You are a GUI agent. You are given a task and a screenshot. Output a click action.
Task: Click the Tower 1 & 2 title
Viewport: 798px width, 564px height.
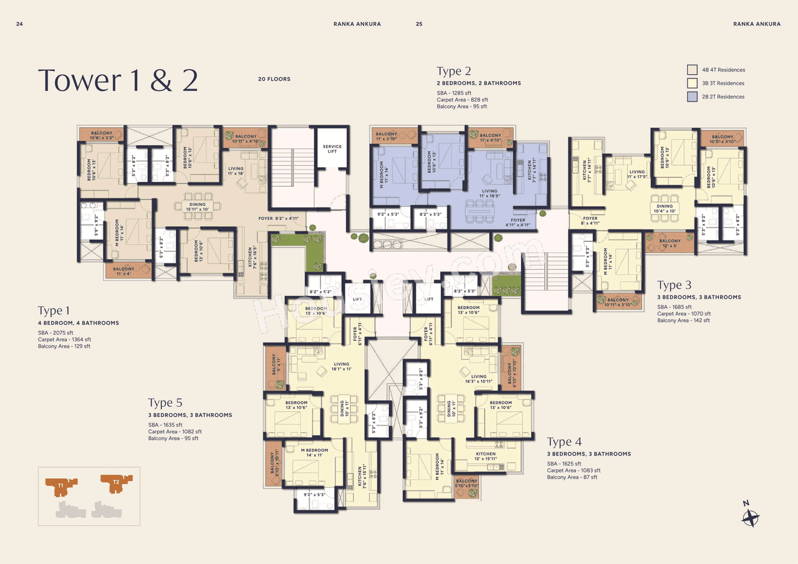(118, 80)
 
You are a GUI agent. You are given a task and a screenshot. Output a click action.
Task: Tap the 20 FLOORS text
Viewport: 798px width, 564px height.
(274, 79)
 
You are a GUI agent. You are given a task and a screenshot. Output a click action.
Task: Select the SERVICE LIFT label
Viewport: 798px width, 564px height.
(332, 149)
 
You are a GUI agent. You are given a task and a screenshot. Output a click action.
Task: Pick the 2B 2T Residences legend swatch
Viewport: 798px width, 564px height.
(692, 97)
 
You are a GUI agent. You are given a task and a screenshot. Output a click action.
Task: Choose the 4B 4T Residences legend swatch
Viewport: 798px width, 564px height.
(692, 70)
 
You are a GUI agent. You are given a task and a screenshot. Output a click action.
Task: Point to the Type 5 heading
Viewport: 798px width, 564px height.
(165, 403)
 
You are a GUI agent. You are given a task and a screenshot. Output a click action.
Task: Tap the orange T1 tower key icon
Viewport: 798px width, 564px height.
(61, 484)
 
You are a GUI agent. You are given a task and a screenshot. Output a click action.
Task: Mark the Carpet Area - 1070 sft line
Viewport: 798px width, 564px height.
(683, 313)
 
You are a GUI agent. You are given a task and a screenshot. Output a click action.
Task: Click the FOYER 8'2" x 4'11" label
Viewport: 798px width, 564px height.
(279, 219)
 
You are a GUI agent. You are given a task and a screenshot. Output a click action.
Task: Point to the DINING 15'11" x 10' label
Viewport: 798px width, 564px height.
(197, 207)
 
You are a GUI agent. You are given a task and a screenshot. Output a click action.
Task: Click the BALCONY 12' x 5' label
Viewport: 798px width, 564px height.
(670, 243)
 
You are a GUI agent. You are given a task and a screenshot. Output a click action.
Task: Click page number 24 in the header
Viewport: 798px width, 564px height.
(19, 24)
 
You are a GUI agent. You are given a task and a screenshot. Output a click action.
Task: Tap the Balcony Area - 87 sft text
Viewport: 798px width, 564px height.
(572, 477)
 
